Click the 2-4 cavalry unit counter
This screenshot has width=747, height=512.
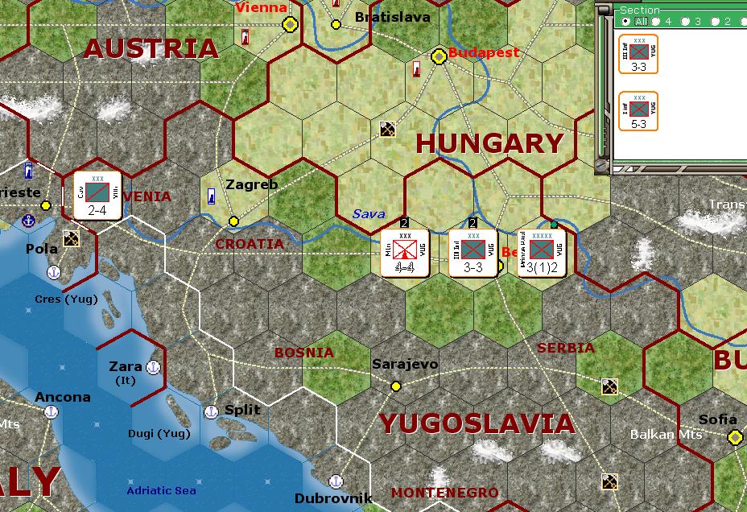click(x=97, y=195)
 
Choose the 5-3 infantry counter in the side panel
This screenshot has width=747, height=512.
click(x=638, y=111)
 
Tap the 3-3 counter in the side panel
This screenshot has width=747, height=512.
click(x=638, y=54)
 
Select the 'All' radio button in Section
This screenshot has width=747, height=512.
click(x=625, y=21)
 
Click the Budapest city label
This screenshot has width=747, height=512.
click(x=484, y=52)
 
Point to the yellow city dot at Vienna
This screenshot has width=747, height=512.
click(x=289, y=25)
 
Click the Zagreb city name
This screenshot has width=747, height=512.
click(x=251, y=184)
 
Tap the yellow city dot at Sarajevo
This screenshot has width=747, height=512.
click(x=396, y=386)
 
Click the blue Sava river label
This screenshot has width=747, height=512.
click(x=369, y=214)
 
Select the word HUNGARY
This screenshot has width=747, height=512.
click(x=489, y=144)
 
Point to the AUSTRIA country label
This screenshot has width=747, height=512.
click(x=151, y=48)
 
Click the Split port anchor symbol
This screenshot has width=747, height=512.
click(x=211, y=411)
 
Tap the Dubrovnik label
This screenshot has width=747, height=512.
click(x=333, y=498)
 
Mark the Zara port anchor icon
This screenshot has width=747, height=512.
click(x=153, y=368)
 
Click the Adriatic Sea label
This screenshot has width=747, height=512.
click(x=161, y=490)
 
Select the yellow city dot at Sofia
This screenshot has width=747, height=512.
click(x=734, y=437)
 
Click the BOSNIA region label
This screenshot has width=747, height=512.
click(x=303, y=353)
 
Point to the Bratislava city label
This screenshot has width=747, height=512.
click(x=392, y=17)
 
